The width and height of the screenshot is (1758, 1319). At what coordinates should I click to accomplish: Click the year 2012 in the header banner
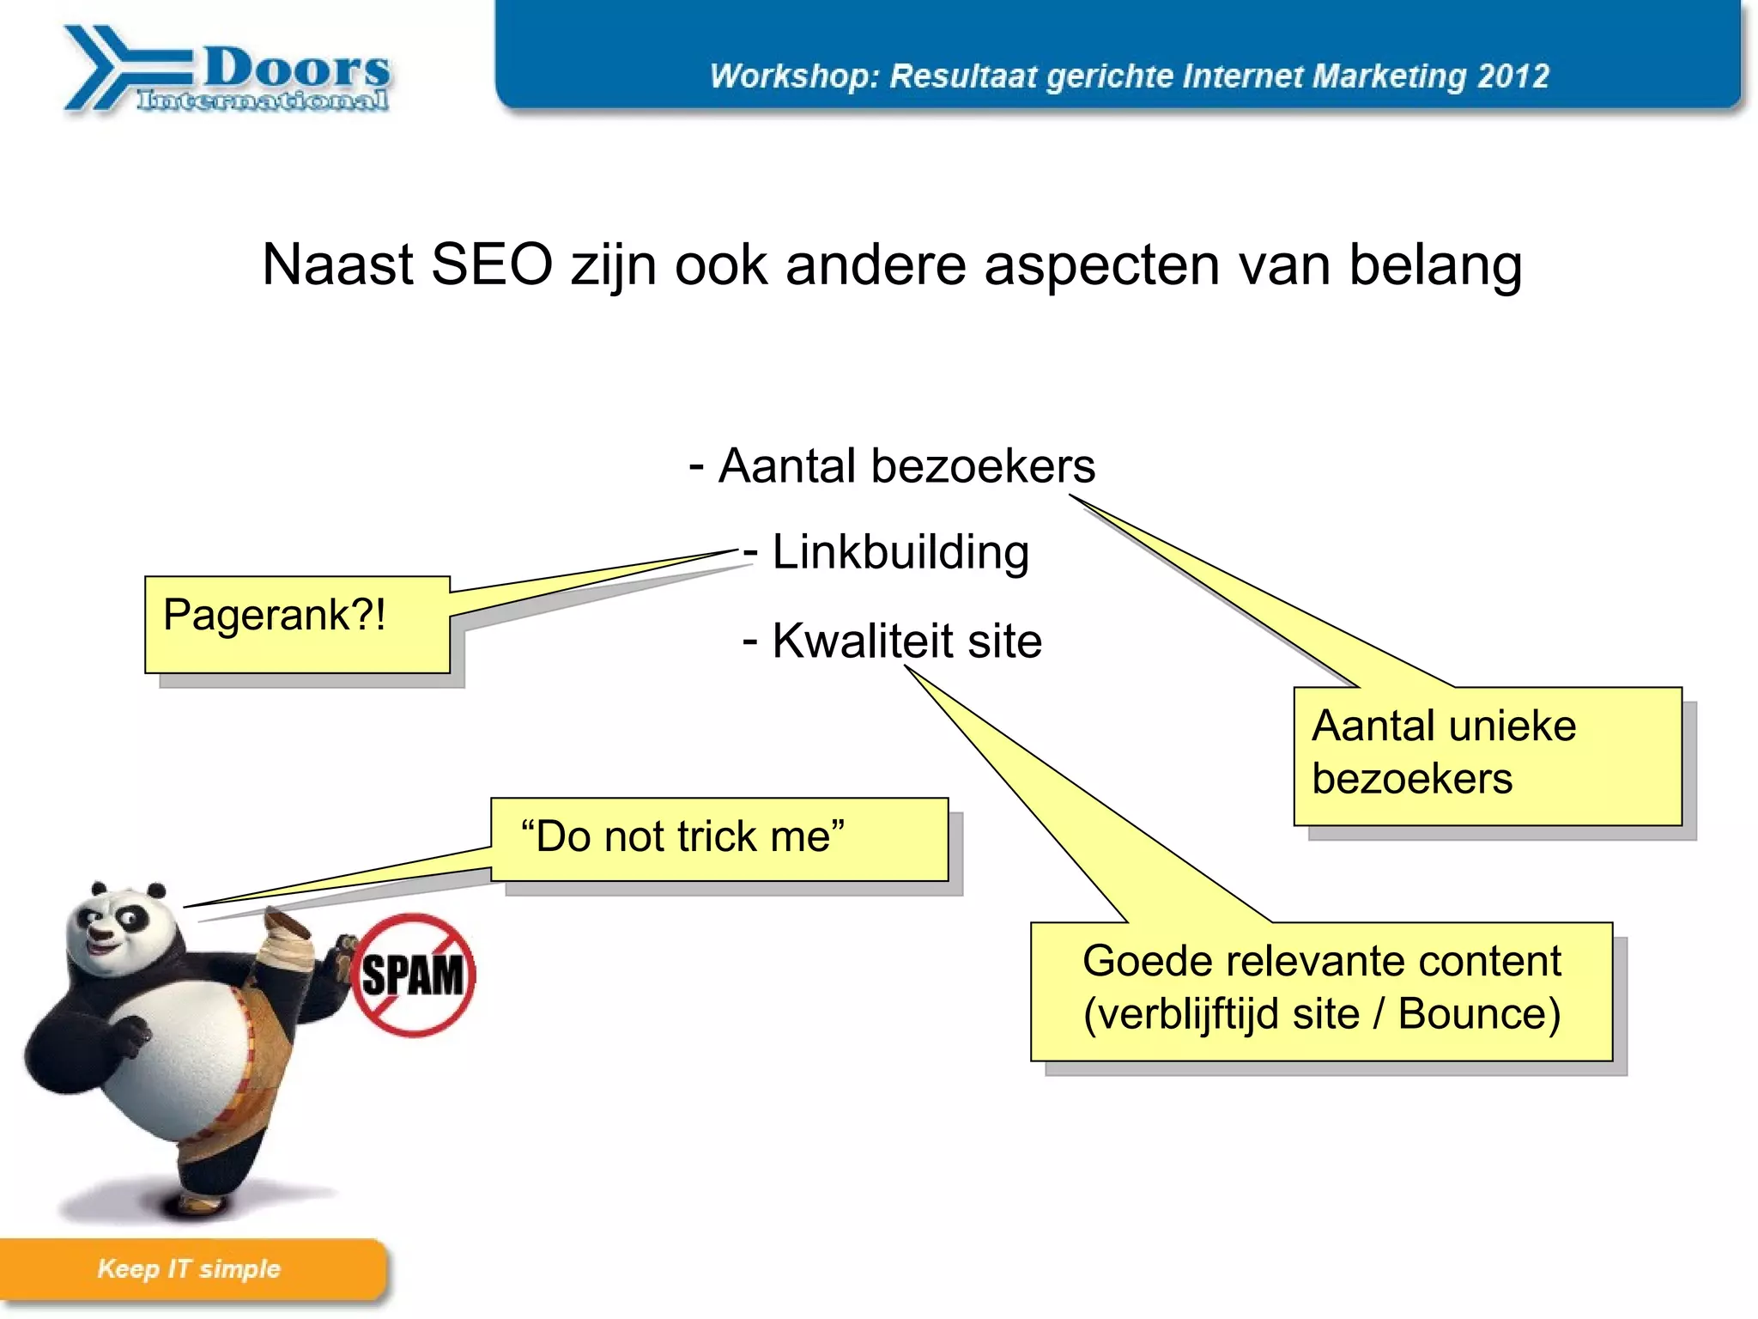click(x=1513, y=76)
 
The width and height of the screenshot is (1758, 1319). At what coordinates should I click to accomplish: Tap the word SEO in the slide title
click(x=491, y=264)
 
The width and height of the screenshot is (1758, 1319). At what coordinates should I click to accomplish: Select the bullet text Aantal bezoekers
click(x=906, y=466)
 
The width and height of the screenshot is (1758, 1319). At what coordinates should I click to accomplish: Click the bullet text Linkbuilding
click(x=900, y=552)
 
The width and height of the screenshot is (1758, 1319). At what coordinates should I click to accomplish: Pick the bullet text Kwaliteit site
click(x=906, y=641)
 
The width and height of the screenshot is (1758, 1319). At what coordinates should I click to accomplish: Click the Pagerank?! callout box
click(x=297, y=623)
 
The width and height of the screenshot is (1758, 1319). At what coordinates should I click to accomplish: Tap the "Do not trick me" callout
click(x=719, y=839)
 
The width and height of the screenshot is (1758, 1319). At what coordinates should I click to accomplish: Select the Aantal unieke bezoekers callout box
click(x=1487, y=755)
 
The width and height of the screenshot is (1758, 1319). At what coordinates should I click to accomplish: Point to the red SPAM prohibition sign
click(x=414, y=975)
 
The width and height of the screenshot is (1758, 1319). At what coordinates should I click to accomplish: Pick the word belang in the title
click(x=1435, y=266)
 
